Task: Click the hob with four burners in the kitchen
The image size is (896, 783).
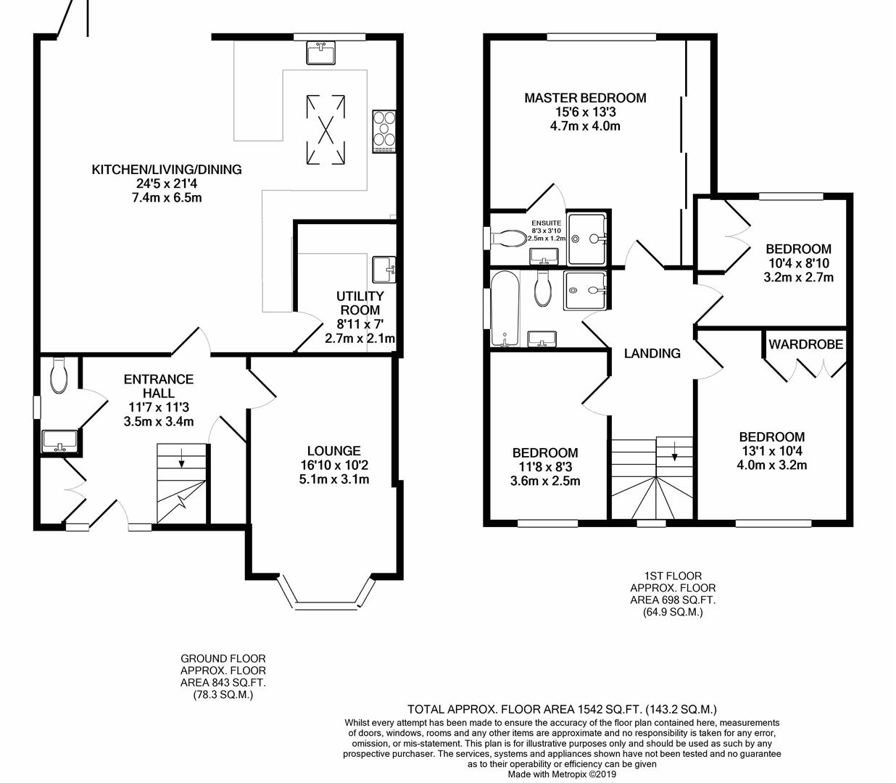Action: point(384,130)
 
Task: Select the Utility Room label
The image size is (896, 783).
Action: point(360,303)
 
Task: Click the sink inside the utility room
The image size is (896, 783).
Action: point(383,269)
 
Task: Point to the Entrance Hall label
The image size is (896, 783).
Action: point(159,386)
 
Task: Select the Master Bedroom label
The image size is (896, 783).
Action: point(585,98)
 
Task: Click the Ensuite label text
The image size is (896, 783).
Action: point(546,223)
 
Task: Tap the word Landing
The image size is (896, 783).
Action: point(652,354)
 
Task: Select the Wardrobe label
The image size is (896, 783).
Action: point(805,344)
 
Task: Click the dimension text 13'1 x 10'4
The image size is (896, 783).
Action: point(771,451)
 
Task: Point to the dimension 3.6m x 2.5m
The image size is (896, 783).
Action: point(545,481)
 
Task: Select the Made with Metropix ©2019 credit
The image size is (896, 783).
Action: point(562,774)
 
